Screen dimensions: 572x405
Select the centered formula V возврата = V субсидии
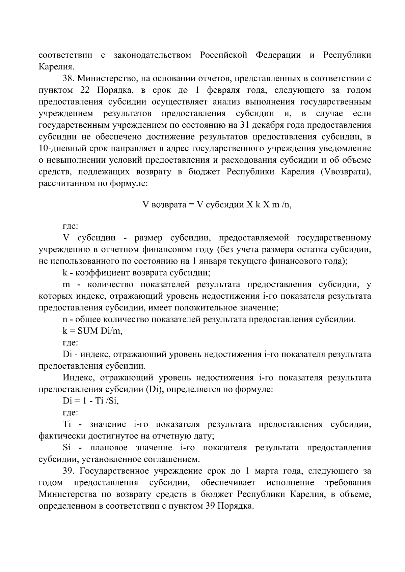pos(217,205)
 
